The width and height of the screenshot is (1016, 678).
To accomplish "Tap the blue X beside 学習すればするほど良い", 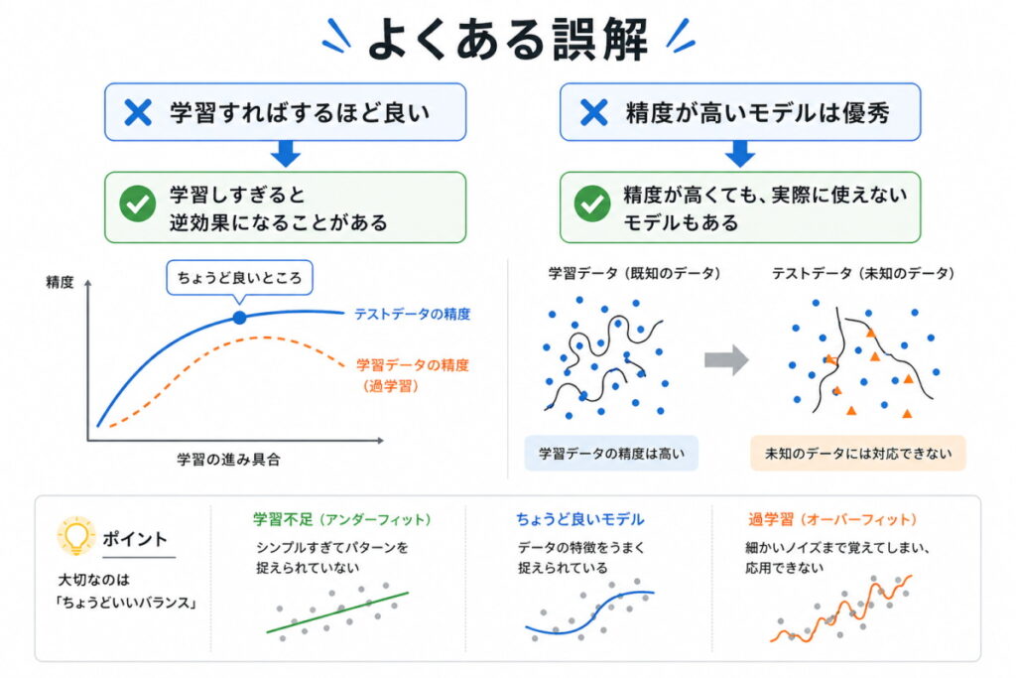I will click(139, 112).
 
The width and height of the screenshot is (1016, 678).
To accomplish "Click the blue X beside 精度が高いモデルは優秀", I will click(593, 112).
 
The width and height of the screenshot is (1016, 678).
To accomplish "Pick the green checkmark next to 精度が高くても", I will click(592, 204).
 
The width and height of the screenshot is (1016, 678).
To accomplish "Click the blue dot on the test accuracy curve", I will click(239, 318).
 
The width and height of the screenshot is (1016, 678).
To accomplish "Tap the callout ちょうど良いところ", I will click(238, 276).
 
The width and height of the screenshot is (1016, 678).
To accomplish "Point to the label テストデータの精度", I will click(412, 315).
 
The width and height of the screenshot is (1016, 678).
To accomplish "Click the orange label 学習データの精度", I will click(412, 364).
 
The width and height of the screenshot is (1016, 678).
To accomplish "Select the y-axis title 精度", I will click(61, 282).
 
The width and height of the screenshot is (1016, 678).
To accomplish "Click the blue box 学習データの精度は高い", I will click(611, 454).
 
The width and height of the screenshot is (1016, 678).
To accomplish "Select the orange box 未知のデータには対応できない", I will click(858, 454).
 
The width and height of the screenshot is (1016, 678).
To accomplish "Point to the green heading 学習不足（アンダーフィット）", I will click(342, 519).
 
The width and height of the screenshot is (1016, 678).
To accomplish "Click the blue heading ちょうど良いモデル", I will click(579, 519).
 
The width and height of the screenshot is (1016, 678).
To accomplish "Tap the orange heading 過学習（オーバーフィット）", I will click(832, 519).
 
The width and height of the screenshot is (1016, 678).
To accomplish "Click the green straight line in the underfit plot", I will click(337, 612).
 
